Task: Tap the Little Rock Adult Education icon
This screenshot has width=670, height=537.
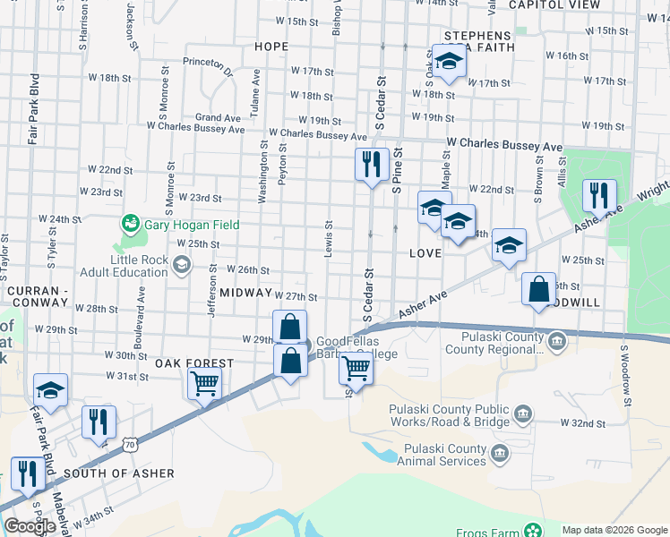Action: (182, 263)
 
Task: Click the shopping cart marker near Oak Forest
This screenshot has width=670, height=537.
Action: (205, 385)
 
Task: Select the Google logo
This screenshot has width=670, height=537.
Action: (30, 526)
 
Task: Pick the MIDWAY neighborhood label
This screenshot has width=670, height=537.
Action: (245, 293)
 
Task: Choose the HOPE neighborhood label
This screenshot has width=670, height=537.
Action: (271, 47)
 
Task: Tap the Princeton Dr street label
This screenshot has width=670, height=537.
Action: (207, 63)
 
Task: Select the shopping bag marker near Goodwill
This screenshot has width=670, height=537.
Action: (539, 290)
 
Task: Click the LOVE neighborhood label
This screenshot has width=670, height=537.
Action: (425, 253)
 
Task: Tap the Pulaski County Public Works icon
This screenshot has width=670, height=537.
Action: (524, 413)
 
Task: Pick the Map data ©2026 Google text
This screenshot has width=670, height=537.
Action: (614, 530)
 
